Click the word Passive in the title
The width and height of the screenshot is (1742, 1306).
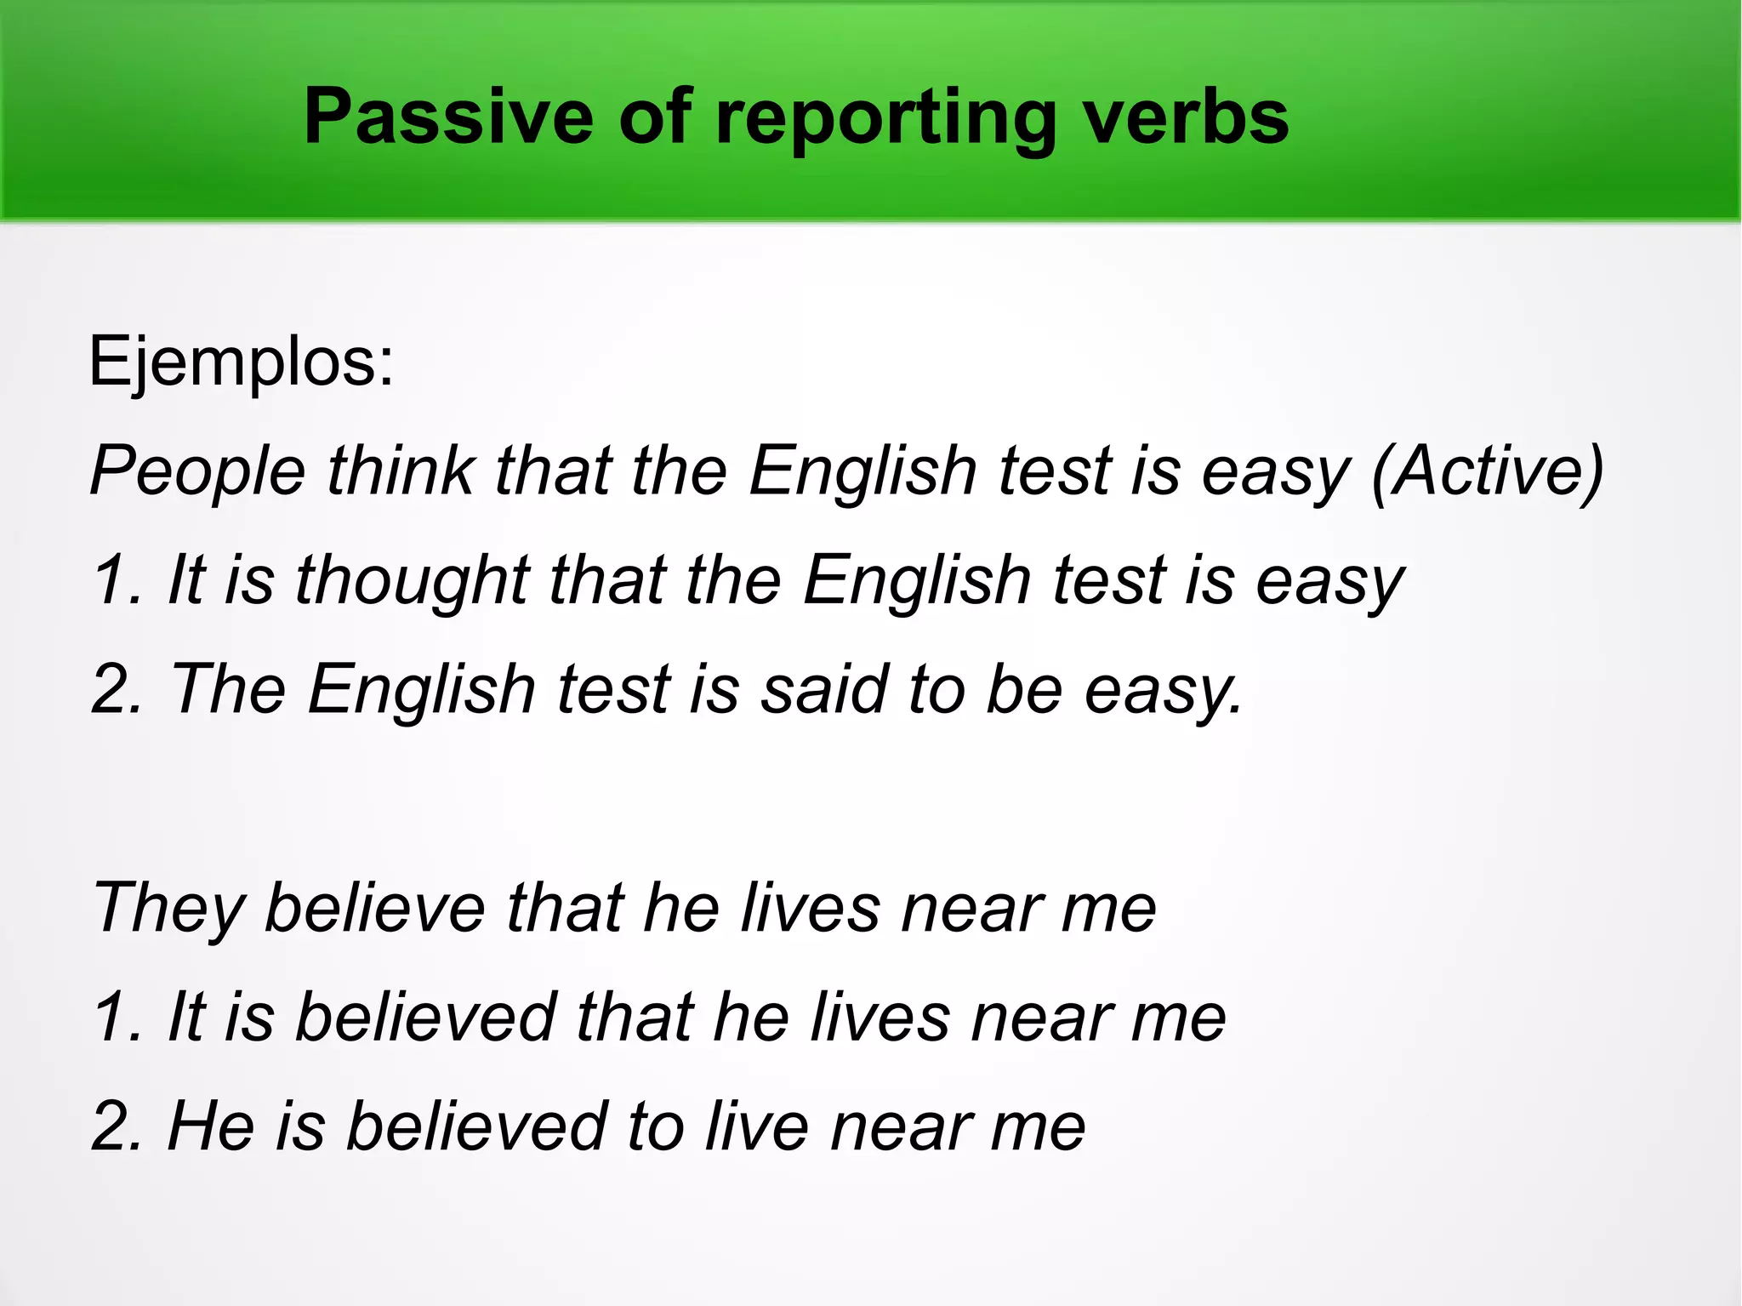click(448, 117)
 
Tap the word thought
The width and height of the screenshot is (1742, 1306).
click(413, 581)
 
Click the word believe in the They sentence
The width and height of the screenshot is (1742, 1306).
click(375, 908)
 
